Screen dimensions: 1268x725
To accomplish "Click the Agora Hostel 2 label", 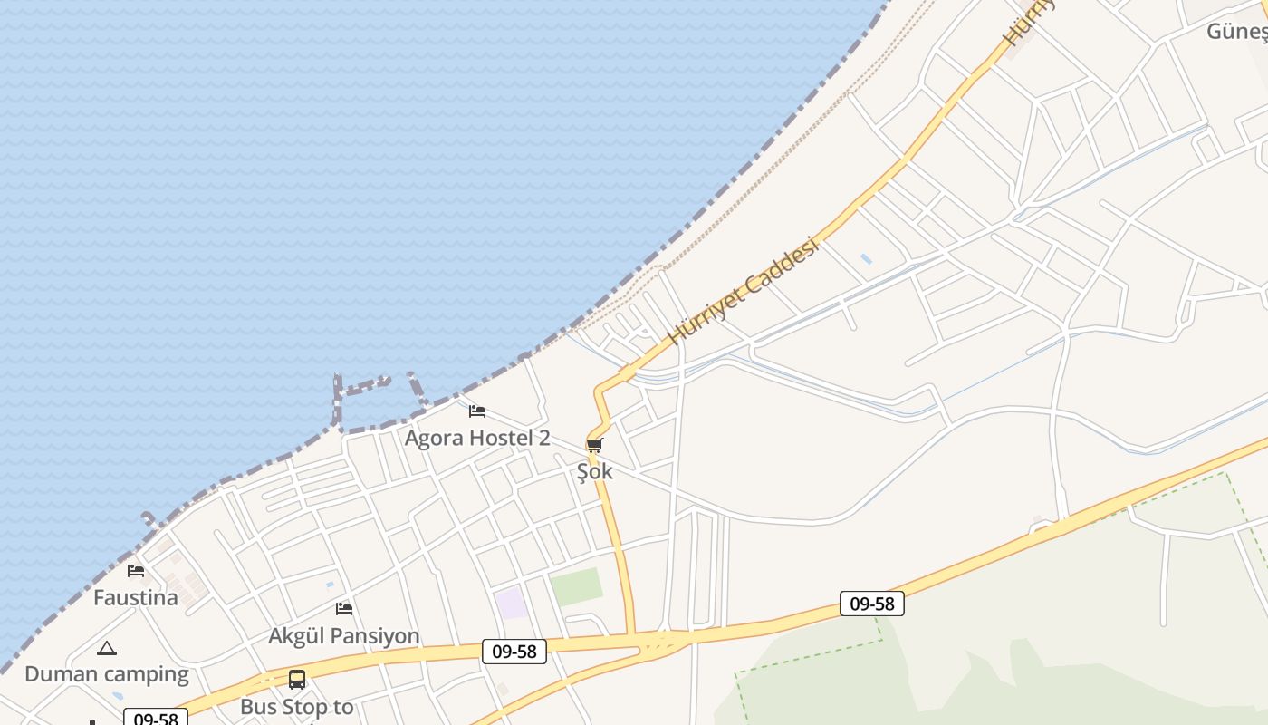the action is [476, 439].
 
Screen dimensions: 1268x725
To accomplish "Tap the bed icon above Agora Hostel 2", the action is [477, 411].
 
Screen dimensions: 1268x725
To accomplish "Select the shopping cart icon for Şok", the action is [594, 445].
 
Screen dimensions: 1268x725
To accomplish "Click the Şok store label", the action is [595, 471].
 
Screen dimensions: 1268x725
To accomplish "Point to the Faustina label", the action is [136, 598].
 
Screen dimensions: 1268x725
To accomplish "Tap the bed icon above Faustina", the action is [136, 570].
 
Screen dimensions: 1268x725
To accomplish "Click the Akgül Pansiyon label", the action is [344, 636].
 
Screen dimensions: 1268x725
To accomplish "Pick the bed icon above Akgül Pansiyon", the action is [344, 608].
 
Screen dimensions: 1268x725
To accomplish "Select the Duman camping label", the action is [107, 674].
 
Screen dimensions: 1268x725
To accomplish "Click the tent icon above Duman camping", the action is [107, 648].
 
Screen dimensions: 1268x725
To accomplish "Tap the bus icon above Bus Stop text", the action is [297, 679].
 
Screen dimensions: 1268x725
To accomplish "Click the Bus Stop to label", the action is [297, 707].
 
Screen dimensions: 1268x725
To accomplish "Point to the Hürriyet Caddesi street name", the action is [742, 292].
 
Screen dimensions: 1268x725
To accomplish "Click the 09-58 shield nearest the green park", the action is [871, 604].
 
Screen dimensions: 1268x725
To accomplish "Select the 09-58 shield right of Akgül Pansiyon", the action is [514, 651].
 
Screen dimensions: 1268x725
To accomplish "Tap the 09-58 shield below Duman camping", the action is [156, 718].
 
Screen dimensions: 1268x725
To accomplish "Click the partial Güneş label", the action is [1235, 32].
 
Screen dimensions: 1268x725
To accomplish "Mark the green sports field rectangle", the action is [576, 587].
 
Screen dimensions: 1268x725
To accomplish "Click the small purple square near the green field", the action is [511, 603].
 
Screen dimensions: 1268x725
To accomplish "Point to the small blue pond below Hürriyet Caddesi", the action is [866, 259].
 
